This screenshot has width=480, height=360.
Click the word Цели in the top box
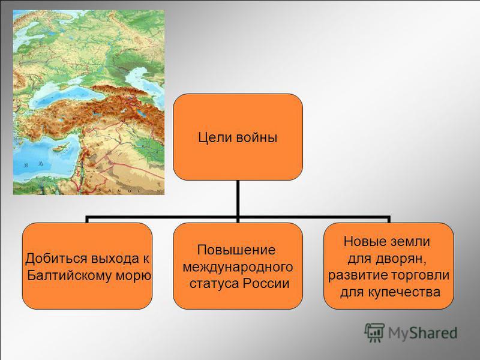[x=215, y=137]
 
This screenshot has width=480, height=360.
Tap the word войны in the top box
[x=257, y=138]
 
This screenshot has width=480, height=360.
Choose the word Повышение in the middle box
[x=236, y=250]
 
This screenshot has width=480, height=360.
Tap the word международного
[x=238, y=267]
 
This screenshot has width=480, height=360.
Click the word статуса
[x=214, y=283]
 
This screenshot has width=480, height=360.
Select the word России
[x=266, y=283]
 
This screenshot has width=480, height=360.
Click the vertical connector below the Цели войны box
[x=238, y=199]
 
